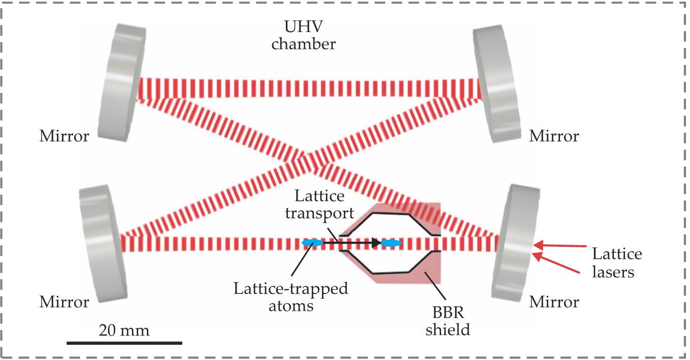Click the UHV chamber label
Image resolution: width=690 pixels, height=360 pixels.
(304, 36)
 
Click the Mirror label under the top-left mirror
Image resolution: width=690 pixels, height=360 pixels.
(64, 136)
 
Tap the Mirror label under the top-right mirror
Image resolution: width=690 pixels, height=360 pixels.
(553, 136)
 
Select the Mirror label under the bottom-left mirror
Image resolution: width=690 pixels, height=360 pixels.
(64, 302)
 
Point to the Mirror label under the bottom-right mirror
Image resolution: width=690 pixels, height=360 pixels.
(553, 302)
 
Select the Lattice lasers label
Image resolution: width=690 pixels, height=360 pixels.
(616, 263)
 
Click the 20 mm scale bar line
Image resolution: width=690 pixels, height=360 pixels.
(124, 343)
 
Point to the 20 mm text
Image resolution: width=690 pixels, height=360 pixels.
(124, 331)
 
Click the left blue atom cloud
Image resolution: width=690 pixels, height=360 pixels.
(312, 244)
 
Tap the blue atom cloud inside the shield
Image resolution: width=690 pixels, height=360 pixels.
(391, 244)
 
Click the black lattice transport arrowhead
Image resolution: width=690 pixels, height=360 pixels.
(376, 244)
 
